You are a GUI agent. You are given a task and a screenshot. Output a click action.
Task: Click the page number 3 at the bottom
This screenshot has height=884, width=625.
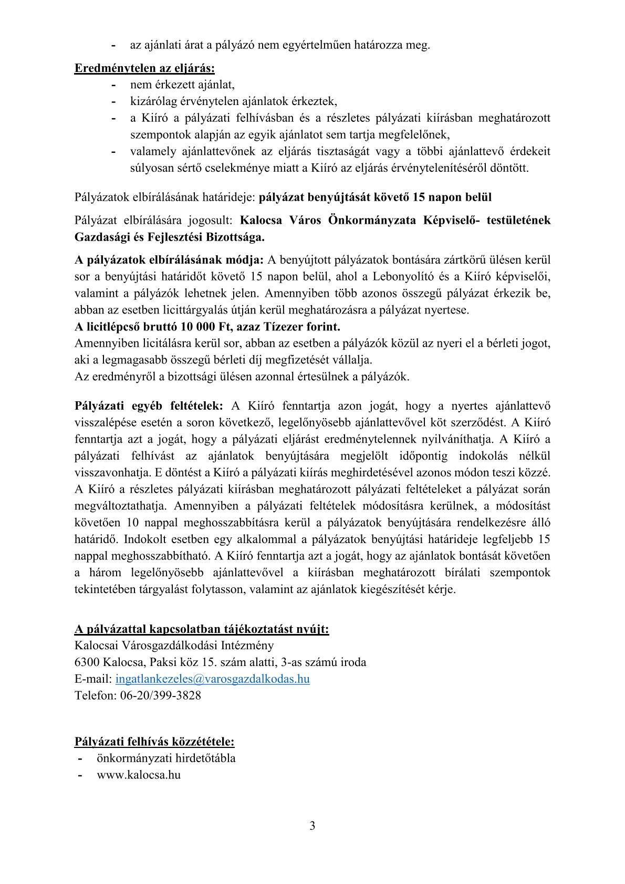[312, 826]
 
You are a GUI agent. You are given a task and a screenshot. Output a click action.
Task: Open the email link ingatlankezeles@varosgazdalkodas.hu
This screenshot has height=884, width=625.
[212, 679]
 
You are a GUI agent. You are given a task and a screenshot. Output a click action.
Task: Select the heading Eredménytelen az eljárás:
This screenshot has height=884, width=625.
[144, 68]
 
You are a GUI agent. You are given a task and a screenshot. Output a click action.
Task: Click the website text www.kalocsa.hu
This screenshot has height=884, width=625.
[139, 775]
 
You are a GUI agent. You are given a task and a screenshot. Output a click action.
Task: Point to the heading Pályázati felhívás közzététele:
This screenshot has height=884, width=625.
[154, 742]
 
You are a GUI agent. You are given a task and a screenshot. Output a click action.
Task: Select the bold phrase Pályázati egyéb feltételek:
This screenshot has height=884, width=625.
[149, 405]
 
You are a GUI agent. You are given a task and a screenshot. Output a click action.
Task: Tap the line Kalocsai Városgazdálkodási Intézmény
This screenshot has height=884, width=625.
[174, 645]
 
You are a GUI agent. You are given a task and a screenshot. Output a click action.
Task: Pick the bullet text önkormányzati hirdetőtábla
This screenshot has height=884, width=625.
[166, 758]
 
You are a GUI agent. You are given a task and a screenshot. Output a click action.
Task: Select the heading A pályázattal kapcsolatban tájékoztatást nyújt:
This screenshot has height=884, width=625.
[202, 629]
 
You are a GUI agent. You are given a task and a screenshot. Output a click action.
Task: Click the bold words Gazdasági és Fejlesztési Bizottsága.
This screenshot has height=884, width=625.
[170, 237]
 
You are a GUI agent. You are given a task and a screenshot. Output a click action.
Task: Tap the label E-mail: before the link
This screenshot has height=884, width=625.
[93, 679]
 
